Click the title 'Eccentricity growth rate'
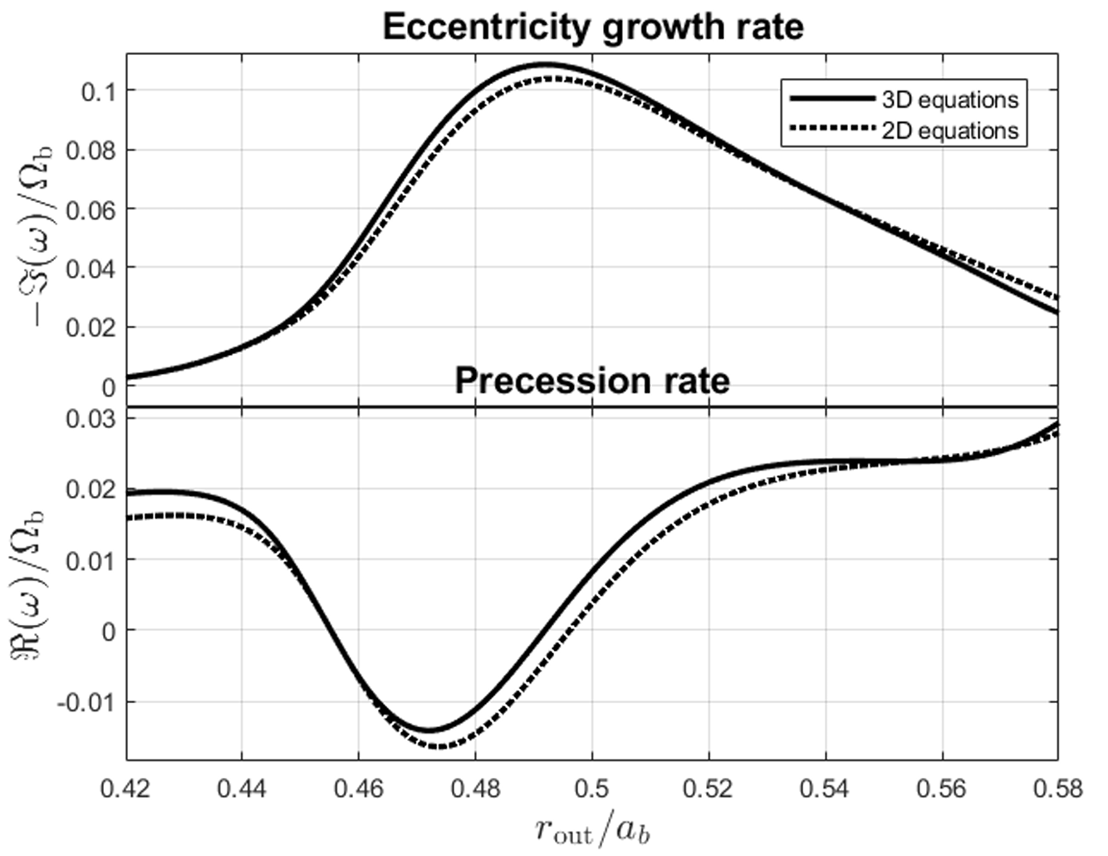(592, 27)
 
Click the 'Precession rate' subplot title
(592, 381)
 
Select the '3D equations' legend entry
(949, 100)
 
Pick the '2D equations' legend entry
(949, 130)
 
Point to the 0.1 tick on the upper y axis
(98, 91)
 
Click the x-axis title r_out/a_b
(592, 828)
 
